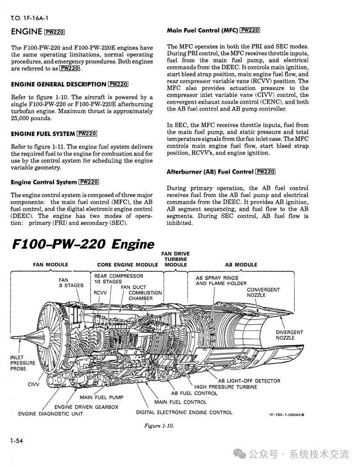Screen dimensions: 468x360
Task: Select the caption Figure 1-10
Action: pyautogui.click(x=159, y=426)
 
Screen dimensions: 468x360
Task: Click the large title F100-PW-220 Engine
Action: pyautogui.click(x=83, y=244)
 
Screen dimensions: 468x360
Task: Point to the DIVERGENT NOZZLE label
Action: pyautogui.click(x=289, y=335)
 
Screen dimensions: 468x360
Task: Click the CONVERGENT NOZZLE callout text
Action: pyautogui.click(x=263, y=292)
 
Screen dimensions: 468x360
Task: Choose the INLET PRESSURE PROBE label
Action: pyautogui.click(x=22, y=363)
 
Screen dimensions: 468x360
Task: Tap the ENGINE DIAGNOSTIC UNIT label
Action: pyautogui.click(x=50, y=414)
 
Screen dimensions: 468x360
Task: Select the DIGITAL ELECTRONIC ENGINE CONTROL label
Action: pyautogui.click(x=184, y=412)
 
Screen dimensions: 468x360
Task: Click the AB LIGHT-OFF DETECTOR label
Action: pyautogui.click(x=249, y=381)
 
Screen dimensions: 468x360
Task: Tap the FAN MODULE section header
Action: pyautogui.click(x=50, y=265)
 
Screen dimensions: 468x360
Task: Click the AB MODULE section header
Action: pyautogui.click(x=241, y=265)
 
